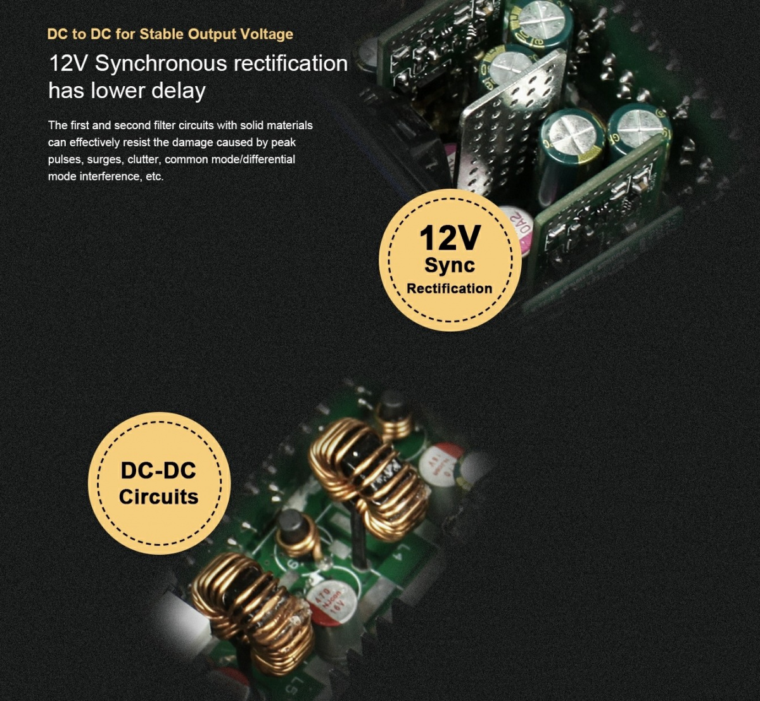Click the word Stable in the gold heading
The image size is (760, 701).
tap(162, 34)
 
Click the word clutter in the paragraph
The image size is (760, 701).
tap(144, 159)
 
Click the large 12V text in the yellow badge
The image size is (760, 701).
tap(449, 238)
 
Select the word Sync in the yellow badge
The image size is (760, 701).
tap(450, 265)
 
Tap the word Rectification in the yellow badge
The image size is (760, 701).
tap(449, 289)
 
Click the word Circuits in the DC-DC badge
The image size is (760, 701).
tap(158, 496)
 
